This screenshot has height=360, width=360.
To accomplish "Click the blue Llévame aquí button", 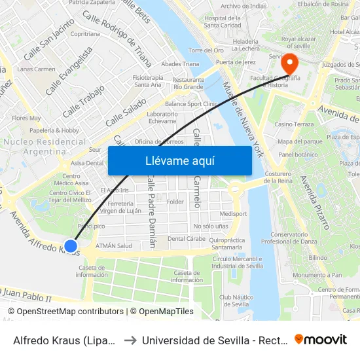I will [x=179, y=160].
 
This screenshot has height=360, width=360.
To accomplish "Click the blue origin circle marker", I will [x=71, y=247].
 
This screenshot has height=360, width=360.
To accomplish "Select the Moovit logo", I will [x=321, y=339].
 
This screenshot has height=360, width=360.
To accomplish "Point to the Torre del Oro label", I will [x=206, y=50].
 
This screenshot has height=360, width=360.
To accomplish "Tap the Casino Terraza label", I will [x=294, y=124].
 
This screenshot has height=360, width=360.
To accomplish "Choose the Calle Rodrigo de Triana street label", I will [x=118, y=39].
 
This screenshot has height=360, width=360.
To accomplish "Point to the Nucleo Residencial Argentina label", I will [x=45, y=146].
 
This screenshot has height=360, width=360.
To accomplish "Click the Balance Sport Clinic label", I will [x=191, y=103].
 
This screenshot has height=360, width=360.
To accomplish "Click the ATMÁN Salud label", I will [x=114, y=245].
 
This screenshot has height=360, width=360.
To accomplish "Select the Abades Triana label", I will [x=180, y=63].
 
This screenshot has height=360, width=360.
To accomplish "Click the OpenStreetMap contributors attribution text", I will [x=65, y=312].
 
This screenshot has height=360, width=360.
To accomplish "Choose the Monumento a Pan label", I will [x=317, y=275].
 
